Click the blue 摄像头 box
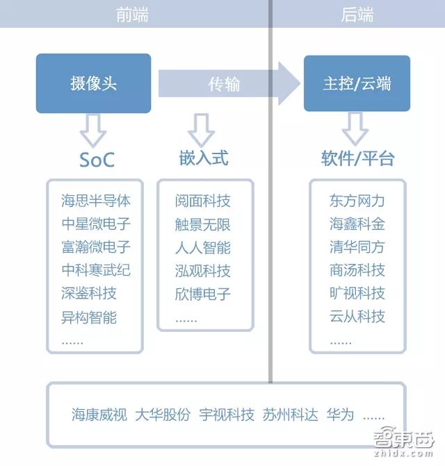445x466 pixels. (94, 83)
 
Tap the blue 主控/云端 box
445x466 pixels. (357, 83)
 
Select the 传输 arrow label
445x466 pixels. (225, 84)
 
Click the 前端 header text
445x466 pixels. (132, 15)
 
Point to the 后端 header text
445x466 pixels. (357, 15)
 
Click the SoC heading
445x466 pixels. (97, 160)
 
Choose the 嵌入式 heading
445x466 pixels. (203, 158)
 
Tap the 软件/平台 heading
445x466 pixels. (357, 158)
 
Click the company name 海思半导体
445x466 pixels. (96, 201)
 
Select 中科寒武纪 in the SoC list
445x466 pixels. (96, 269)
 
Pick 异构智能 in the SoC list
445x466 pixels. (89, 317)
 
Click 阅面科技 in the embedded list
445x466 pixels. (203, 201)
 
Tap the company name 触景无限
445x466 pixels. (203, 225)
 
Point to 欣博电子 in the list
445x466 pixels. (203, 293)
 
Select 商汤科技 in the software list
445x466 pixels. (357, 269)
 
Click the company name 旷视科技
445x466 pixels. (357, 293)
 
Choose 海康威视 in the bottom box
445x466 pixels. (99, 415)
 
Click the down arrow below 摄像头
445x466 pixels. (94, 129)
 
